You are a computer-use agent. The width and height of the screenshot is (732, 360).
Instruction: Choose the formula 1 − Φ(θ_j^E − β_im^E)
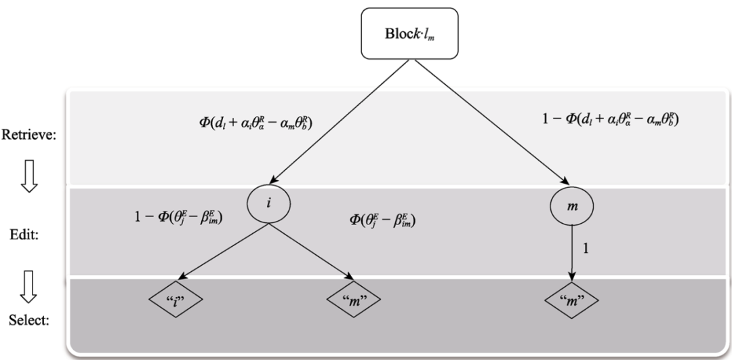tap(179, 218)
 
